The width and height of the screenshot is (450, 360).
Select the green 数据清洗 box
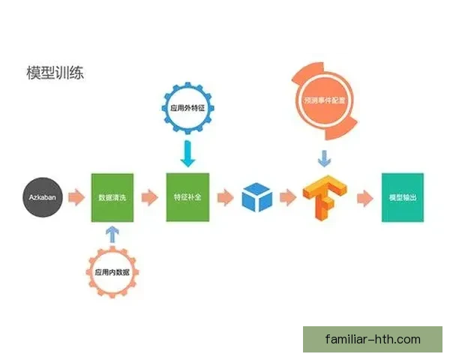coord(112,197)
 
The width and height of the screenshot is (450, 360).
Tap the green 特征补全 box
coord(187,197)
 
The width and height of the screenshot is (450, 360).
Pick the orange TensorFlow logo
coord(322,197)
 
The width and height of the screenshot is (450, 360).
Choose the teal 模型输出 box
coord(403,197)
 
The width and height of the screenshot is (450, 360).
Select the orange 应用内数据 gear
coord(112,271)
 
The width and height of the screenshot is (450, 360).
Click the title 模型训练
coord(55,73)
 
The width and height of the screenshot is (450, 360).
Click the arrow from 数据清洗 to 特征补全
coord(149,198)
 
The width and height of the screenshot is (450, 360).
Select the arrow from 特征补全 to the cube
coord(224,198)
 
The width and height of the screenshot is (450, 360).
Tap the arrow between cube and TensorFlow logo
coord(287,198)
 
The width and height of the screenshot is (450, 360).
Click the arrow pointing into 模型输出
coord(364,198)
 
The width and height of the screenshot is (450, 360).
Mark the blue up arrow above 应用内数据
coord(112,234)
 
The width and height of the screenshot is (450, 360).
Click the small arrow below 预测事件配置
coord(322,159)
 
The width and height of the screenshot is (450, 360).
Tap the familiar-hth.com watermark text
coord(373,339)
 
